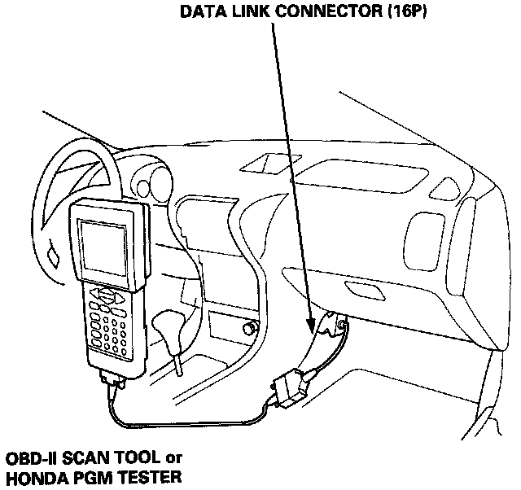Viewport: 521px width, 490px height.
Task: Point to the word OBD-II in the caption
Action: [29, 457]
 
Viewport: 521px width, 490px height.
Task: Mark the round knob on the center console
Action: [250, 330]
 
